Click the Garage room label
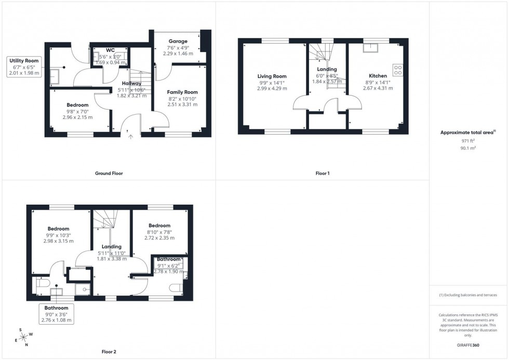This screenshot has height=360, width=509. (178, 41)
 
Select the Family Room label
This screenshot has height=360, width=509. (182, 92)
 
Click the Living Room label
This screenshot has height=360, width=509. (272, 76)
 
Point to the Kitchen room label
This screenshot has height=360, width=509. (378, 76)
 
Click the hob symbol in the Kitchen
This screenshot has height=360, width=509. (398, 69)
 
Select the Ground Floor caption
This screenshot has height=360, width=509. (109, 173)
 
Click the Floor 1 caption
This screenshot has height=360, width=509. (322, 173)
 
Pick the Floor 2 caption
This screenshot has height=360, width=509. (109, 352)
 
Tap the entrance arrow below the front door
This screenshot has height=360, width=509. (130, 137)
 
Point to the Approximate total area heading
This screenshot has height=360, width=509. (467, 132)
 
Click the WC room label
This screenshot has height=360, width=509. (110, 50)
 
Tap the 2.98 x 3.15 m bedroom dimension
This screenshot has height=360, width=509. (58, 241)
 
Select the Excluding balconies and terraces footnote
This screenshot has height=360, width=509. (468, 295)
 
